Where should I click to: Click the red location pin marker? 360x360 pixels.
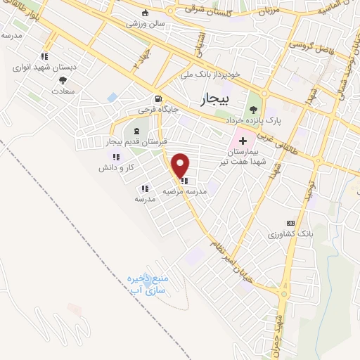tap(181, 165)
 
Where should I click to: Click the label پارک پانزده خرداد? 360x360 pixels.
tap(255, 120)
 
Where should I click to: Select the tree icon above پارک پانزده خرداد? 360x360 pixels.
tap(253, 109)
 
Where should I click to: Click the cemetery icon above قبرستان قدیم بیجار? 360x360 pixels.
tap(136, 131)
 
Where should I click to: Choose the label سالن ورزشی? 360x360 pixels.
tap(146, 23)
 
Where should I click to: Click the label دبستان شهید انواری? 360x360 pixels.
tap(44, 67)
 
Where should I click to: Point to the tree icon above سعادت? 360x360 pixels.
tap(63, 79)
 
